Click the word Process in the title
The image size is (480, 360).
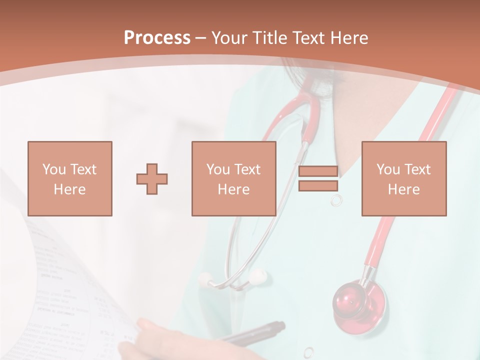157,38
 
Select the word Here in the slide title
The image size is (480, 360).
349,38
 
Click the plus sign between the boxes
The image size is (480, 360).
152,179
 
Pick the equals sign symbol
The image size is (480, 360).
318,178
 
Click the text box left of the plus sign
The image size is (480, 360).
69,178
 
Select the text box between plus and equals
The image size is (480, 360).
233,178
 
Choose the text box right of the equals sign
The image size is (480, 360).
403,178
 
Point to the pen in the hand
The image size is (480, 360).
255,332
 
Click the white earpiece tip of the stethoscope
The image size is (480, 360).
257,276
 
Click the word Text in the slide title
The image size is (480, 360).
308,38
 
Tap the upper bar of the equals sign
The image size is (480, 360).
318,171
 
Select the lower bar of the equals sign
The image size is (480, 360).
318,186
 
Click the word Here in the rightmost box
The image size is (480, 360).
403,189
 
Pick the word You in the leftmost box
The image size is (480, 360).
54,169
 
